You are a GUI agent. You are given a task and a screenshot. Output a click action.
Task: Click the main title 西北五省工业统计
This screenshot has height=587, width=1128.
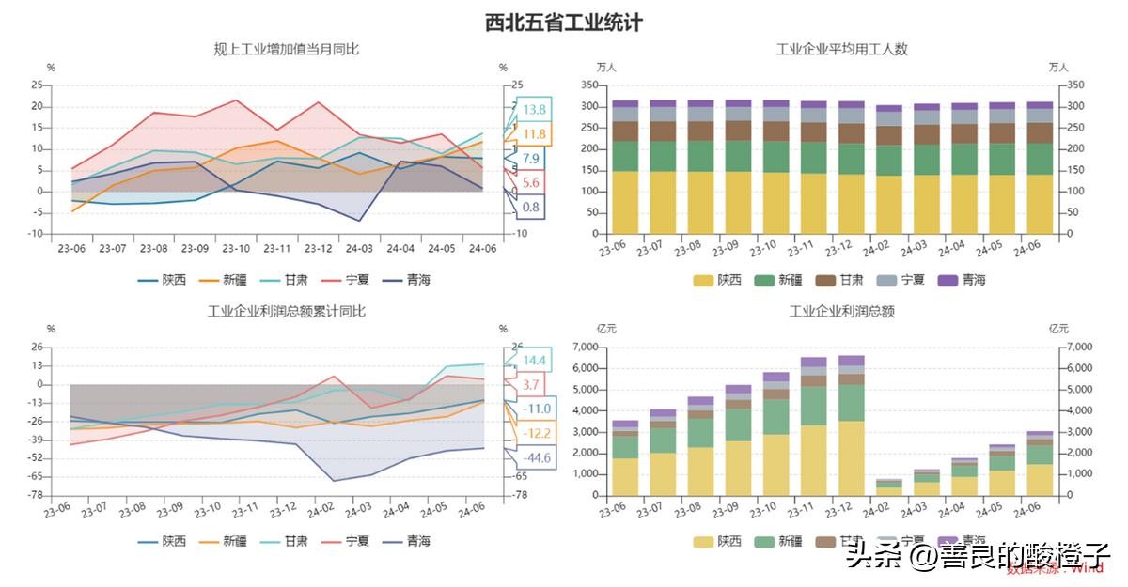point(564,23)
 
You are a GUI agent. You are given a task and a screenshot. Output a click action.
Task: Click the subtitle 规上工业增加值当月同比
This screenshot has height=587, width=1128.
point(287,49)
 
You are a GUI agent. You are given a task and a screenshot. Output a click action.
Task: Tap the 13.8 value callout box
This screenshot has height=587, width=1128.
point(534,110)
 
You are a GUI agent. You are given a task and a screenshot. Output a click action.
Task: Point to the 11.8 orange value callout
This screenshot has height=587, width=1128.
point(534,134)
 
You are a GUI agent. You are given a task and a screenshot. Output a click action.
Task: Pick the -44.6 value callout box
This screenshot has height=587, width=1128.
point(535,458)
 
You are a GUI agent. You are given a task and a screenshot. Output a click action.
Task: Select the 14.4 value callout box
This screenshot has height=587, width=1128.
point(534,361)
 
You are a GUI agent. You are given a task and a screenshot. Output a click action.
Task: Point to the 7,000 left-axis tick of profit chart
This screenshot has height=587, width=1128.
point(585,348)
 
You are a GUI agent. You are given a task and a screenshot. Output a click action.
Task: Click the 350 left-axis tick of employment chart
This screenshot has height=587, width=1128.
point(589,85)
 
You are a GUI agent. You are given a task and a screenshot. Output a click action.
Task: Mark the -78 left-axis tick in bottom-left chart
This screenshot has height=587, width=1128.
point(36,495)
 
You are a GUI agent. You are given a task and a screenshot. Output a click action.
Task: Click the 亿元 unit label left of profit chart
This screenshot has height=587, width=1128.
point(607,329)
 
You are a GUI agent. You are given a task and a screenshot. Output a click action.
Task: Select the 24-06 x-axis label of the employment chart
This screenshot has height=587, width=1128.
point(1026,249)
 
